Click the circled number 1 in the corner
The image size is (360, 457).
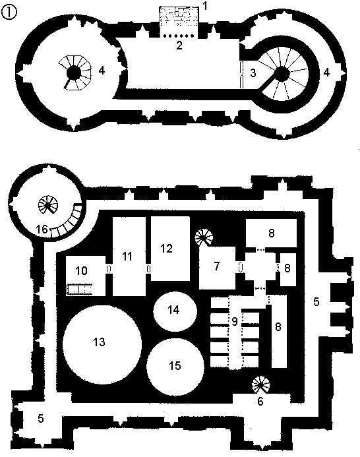point(9,13)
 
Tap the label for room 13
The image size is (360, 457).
point(99,342)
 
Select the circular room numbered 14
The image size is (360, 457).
point(175,311)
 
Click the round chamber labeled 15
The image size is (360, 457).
point(175,367)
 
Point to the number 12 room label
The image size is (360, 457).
point(166,249)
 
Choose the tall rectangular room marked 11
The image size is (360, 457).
point(129,257)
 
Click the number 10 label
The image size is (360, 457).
point(81,271)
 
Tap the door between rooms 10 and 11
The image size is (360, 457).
point(109,268)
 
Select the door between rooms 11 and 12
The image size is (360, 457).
point(148,268)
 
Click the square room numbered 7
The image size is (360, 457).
point(217,268)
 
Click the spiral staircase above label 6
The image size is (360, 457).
point(261,384)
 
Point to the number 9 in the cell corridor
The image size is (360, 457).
point(235,321)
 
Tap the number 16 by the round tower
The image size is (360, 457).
point(42,229)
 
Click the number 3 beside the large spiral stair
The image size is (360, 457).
point(253,73)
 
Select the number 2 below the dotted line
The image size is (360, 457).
point(179,46)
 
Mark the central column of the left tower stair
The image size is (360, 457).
point(73,73)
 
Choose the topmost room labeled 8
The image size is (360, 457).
point(271,233)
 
